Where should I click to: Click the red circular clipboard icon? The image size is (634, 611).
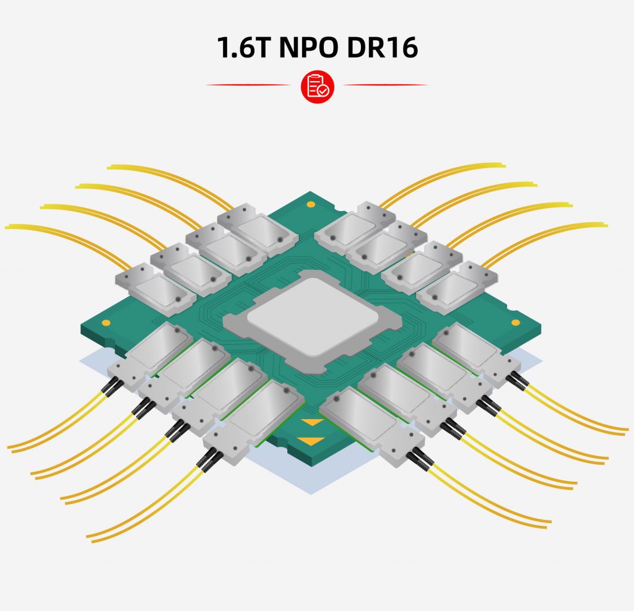(317, 87)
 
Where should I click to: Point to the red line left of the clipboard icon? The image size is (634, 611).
(248, 85)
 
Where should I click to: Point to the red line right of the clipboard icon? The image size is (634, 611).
(385, 85)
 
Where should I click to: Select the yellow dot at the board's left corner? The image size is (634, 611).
(106, 323)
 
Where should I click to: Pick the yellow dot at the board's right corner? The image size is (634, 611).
(516, 323)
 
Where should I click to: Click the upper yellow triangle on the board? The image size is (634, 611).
(312, 422)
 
